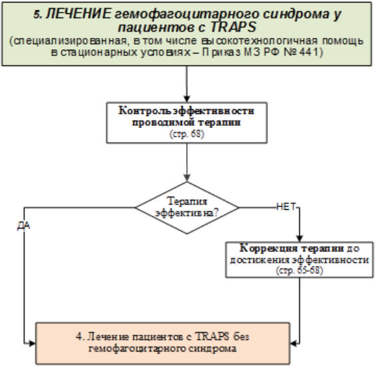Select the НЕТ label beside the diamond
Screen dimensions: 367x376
[285, 206]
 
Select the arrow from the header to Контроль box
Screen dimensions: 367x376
[187, 83]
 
